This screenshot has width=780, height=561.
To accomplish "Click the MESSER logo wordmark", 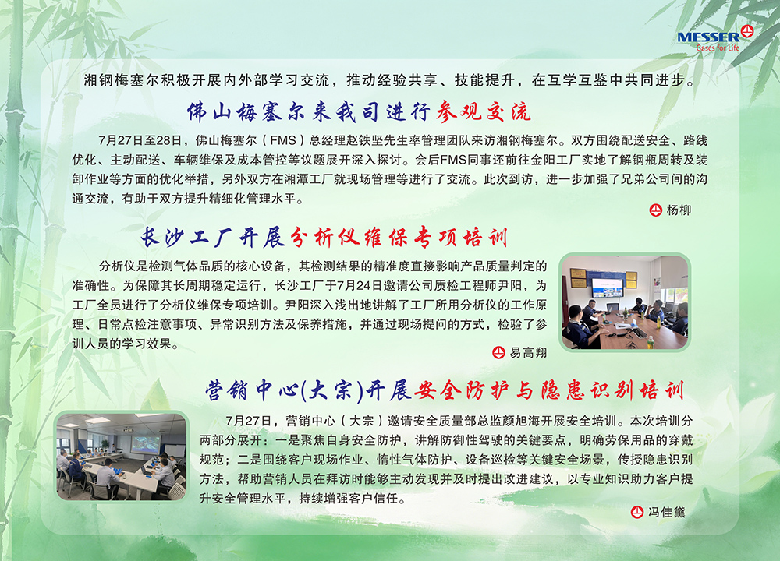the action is click(708, 37).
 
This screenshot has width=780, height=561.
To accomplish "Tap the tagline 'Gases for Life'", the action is click(718, 48).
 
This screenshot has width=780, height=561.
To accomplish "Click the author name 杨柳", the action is click(679, 210).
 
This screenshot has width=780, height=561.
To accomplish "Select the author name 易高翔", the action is click(528, 353).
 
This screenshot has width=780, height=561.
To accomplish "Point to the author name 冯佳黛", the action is click(667, 513).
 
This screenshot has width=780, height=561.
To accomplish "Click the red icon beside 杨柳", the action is click(656, 210).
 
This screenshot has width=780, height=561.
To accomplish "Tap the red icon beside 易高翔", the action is click(498, 353).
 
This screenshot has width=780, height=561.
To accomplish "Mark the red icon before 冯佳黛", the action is click(636, 513).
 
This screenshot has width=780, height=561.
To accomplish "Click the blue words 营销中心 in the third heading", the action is click(252, 390).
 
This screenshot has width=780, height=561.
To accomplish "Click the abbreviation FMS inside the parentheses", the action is click(282, 140).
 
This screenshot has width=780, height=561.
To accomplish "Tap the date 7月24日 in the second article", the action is click(356, 286).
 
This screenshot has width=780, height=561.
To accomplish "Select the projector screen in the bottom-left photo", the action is click(146, 443).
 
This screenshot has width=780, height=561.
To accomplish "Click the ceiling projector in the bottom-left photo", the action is click(128, 429).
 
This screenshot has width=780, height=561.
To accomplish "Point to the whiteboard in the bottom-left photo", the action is click(175, 451).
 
